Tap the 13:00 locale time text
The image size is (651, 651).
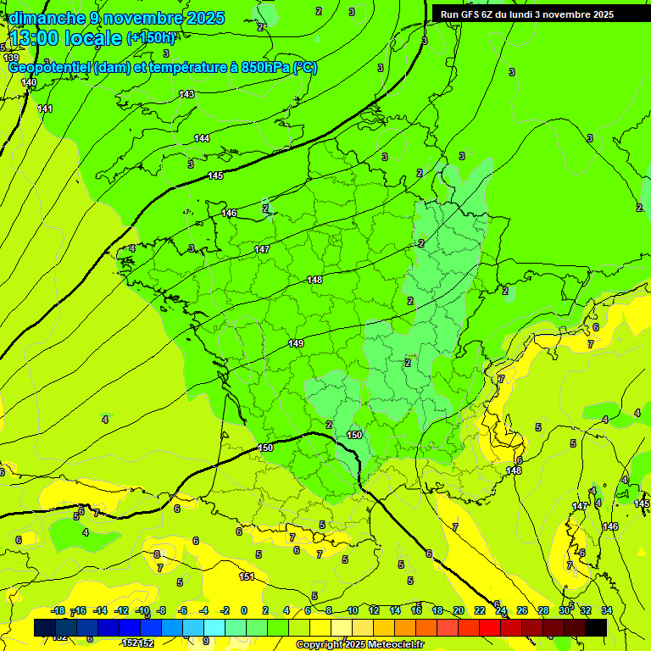coord(65,38)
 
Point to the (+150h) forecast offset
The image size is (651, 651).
coord(151,38)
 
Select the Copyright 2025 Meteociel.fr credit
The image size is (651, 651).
coord(360,645)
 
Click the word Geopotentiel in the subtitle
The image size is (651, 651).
coord(50,68)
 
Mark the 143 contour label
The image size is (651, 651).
coord(186,94)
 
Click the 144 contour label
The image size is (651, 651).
coord(202,138)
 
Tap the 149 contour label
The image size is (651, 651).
coord(296,343)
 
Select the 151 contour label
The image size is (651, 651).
coord(246,576)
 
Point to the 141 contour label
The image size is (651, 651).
coord(45,108)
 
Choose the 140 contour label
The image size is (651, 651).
coord(29,82)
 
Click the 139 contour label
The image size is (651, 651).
coord(11,58)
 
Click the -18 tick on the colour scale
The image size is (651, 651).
coord(58,610)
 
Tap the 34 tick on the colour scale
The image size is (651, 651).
coord(607,610)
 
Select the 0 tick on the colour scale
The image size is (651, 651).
coord(244,610)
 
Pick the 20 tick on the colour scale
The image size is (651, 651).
coord(459,610)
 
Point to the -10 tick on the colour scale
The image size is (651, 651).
coord(142,610)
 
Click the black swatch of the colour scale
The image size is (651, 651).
coord(596,627)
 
